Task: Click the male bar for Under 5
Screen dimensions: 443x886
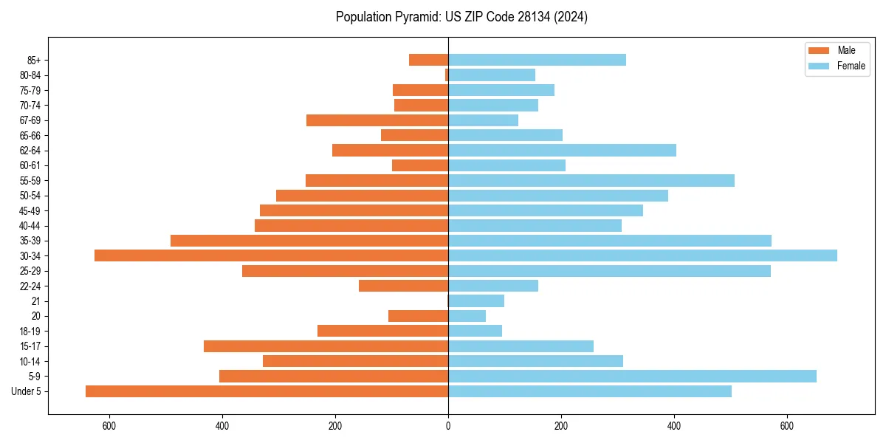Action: click(267, 391)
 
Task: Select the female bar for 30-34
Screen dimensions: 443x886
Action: click(642, 255)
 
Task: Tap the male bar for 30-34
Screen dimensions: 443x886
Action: click(271, 255)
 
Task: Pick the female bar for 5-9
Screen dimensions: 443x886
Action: click(632, 377)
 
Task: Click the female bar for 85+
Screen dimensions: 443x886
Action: click(537, 60)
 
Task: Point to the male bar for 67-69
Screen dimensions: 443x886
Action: click(377, 120)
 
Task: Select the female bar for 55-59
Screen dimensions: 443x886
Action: click(591, 180)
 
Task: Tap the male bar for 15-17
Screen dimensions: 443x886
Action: click(326, 346)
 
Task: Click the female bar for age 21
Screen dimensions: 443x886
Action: click(476, 301)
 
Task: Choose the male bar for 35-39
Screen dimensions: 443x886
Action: click(309, 241)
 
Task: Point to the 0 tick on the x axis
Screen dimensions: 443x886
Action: click(448, 426)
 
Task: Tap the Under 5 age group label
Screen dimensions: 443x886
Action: click(27, 391)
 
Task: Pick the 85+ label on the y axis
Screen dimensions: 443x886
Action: click(33, 60)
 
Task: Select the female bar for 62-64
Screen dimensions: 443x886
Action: click(562, 151)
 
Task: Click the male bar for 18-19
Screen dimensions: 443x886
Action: click(382, 331)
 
